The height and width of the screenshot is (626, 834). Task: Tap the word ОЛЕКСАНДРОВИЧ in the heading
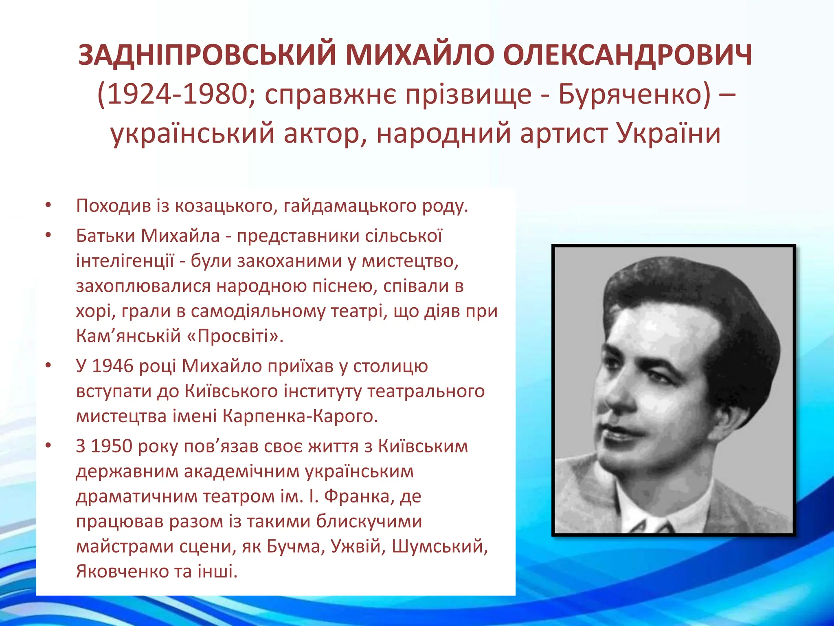point(627,55)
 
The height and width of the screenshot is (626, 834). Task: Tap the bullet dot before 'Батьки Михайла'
point(48,236)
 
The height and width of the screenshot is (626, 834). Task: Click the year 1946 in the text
point(113,366)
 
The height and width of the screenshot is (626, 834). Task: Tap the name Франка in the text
point(357,496)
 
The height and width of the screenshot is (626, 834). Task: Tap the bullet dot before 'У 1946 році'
point(48,366)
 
